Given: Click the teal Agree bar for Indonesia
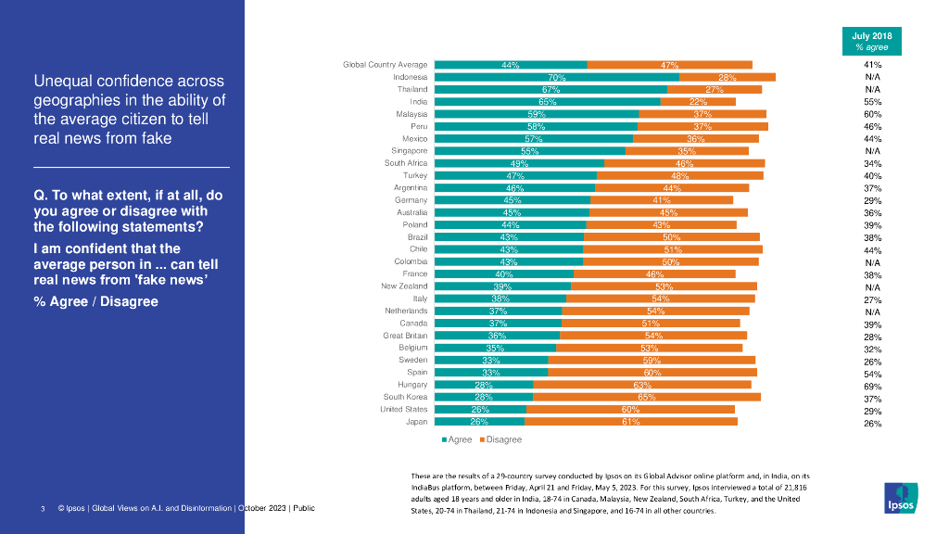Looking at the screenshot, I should click(x=556, y=77).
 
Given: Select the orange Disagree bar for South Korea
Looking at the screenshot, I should click(x=647, y=397).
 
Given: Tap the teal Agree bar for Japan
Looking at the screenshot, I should click(x=479, y=421).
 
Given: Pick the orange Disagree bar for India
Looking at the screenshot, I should click(x=698, y=101).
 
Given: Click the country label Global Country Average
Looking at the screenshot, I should click(x=385, y=65).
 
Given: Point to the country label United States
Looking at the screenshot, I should click(x=403, y=409).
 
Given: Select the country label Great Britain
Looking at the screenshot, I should click(x=405, y=336).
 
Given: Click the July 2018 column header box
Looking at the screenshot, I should click(x=872, y=41).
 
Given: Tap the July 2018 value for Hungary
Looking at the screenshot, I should click(x=872, y=387).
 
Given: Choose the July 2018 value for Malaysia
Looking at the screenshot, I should click(x=872, y=114).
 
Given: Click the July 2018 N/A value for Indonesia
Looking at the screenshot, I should click(x=872, y=77).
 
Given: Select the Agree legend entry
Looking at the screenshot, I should click(x=458, y=439).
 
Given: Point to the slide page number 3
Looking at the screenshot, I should click(x=43, y=509).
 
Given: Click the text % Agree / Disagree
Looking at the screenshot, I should click(x=95, y=301).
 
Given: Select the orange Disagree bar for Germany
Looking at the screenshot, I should click(x=662, y=199).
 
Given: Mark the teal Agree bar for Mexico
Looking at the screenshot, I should click(x=534, y=138).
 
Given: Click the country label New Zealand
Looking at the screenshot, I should click(x=404, y=286).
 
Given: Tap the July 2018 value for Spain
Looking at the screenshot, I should click(x=872, y=375).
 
